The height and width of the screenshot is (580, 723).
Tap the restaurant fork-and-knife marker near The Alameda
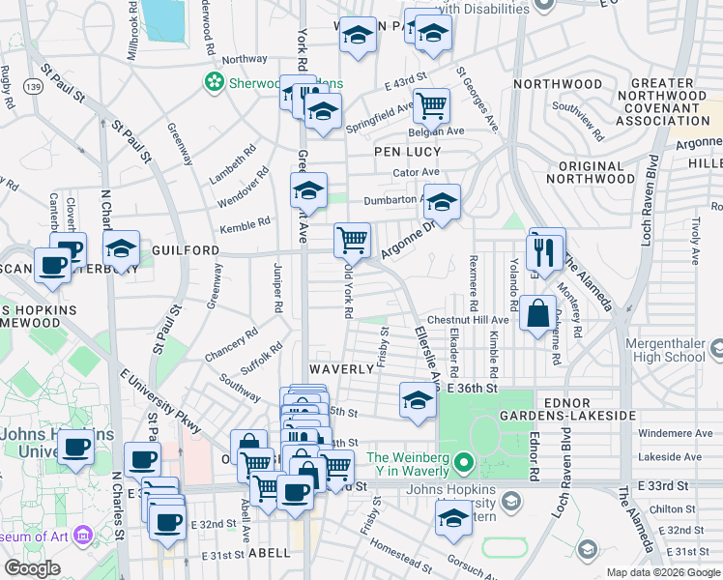tap(546, 251)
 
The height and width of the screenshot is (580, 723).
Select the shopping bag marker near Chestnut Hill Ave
tap(538, 314)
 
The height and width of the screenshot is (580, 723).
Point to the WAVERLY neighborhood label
tap(341, 369)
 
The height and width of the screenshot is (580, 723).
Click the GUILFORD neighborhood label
tap(186, 249)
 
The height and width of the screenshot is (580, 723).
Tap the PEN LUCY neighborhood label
tap(408, 152)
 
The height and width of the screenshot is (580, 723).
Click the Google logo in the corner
tap(32, 567)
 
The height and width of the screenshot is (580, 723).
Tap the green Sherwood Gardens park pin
tap(214, 83)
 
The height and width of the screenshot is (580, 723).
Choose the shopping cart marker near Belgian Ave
tap(431, 103)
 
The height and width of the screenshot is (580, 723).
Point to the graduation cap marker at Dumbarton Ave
tap(442, 202)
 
